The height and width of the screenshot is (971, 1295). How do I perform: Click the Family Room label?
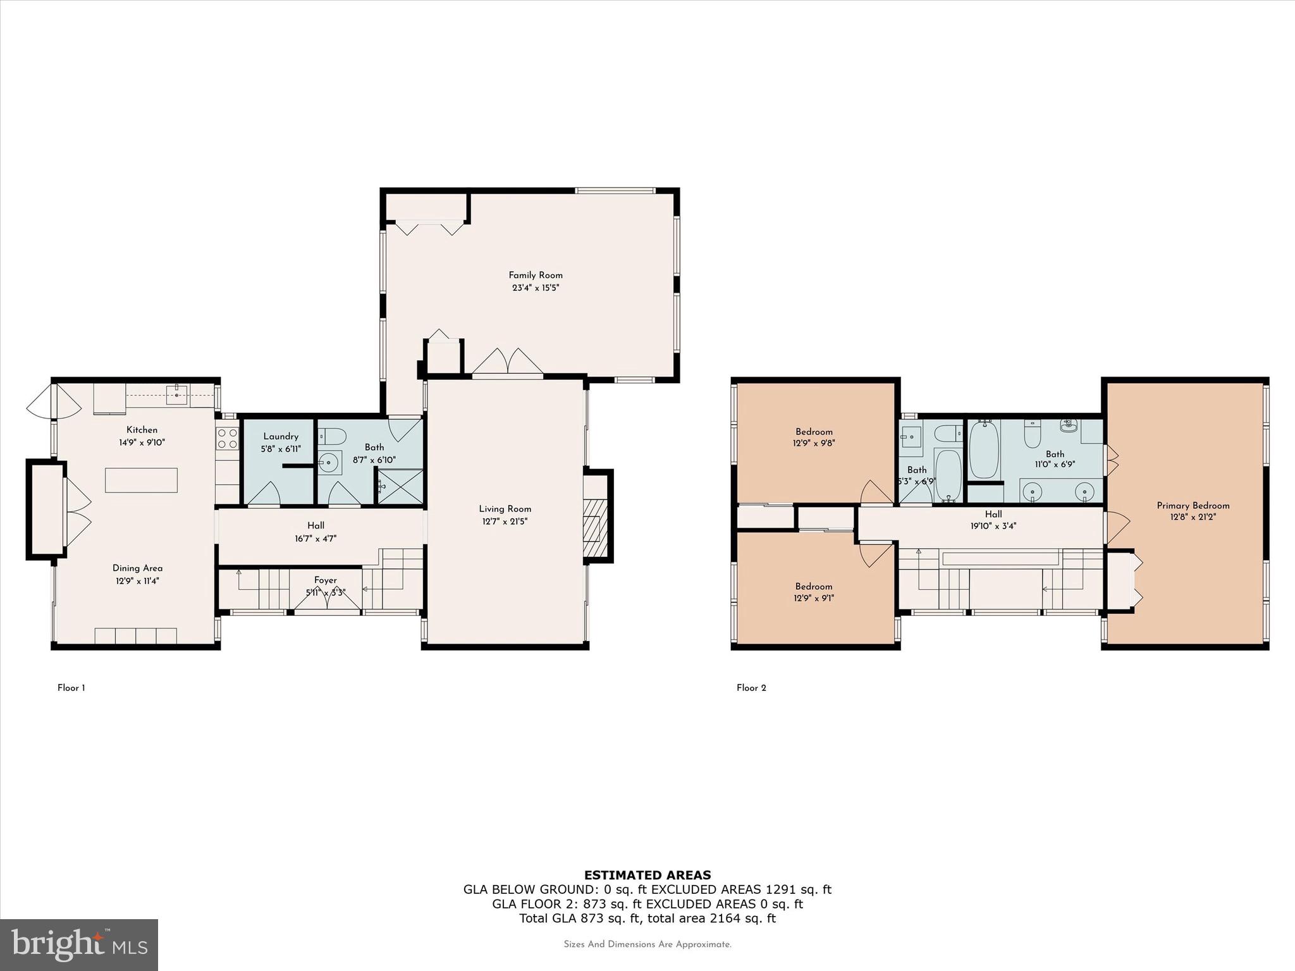(x=535, y=275)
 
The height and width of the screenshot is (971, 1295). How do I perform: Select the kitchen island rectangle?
(x=141, y=480)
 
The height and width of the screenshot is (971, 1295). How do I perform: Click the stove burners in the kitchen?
(x=227, y=437)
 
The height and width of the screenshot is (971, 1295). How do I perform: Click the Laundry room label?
(x=281, y=436)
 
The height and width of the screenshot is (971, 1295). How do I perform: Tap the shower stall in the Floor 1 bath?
(x=400, y=486)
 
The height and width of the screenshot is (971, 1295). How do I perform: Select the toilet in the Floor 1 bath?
(x=332, y=436)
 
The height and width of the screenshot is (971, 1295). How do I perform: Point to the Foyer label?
(x=326, y=580)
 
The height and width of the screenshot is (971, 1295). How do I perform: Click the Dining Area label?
(x=137, y=568)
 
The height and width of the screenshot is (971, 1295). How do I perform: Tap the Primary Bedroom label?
(x=1193, y=505)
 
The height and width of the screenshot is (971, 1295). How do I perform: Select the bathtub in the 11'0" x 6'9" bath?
(x=983, y=449)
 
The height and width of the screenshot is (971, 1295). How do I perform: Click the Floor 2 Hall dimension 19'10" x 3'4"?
(x=993, y=526)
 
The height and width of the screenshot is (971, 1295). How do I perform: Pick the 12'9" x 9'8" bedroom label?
(x=814, y=432)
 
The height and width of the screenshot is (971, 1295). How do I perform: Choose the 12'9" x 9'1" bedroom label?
(x=814, y=586)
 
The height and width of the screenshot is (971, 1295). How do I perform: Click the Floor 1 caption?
(x=71, y=688)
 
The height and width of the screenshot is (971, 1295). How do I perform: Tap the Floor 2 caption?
(x=751, y=688)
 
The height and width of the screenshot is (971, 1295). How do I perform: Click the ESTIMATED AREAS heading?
(x=647, y=875)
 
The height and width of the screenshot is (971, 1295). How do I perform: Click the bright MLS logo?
(x=79, y=944)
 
